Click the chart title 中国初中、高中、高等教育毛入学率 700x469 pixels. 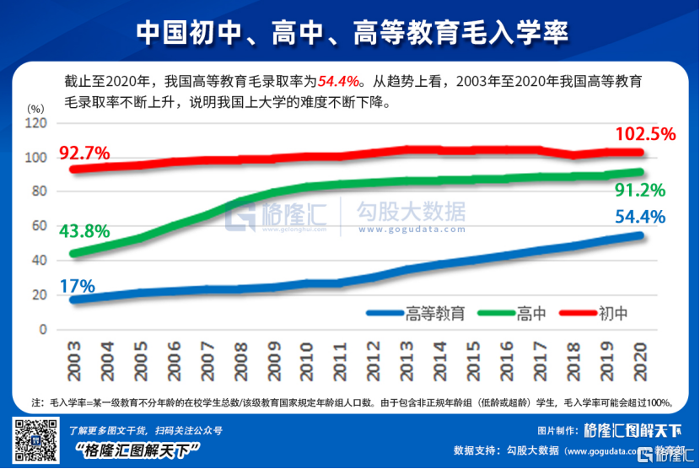tap(349, 31)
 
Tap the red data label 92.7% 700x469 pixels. tap(84, 153)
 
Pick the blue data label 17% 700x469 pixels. tap(77, 286)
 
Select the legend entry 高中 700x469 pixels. tap(532, 313)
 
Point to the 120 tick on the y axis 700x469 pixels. tap(35, 123)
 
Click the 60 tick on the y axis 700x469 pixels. tap(39, 226)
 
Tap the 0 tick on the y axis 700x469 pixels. tap(42, 330)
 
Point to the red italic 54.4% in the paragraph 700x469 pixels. tap(341, 81)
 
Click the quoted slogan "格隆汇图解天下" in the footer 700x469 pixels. tap(136, 449)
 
